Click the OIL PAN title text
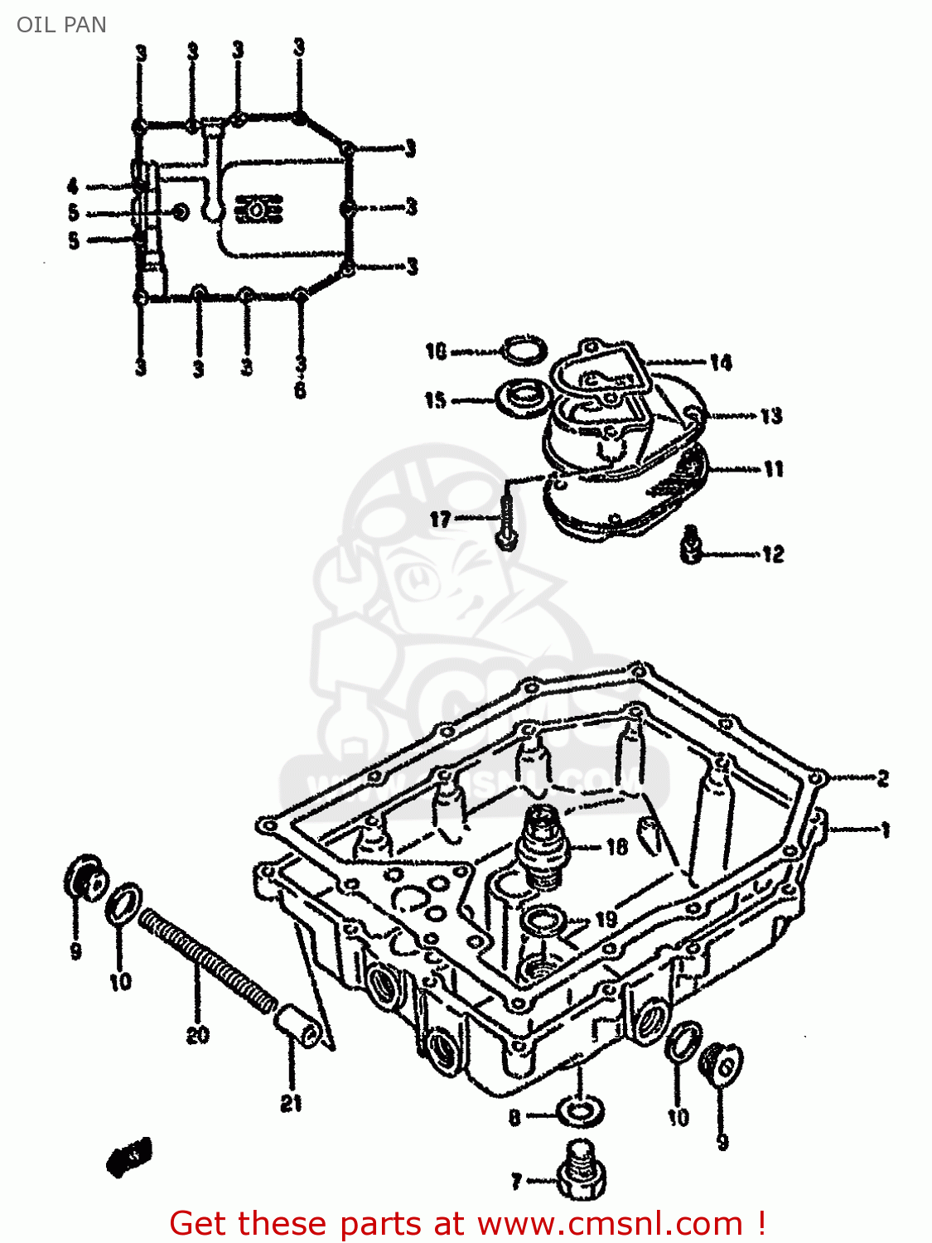point(61,25)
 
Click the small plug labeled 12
point(691,545)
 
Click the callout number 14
point(720,363)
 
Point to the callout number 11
point(773,470)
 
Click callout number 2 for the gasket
point(882,778)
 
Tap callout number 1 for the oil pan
point(884,829)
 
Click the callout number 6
point(300,389)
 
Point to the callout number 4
point(73,186)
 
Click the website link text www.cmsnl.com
point(610,1224)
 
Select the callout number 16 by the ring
point(436,351)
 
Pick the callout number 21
point(291,1103)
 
